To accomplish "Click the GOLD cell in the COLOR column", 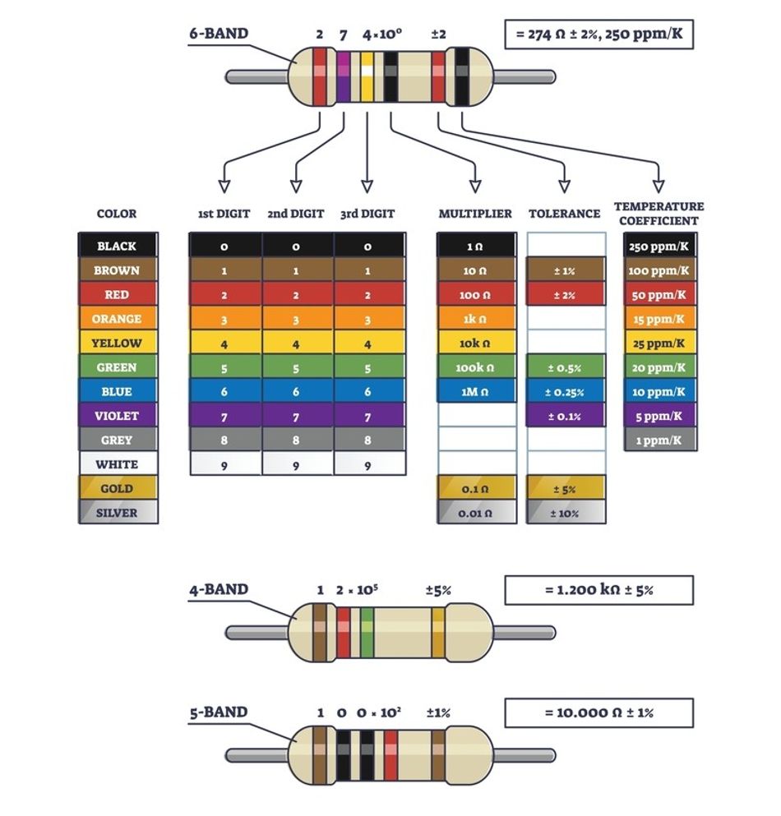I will pos(117,488).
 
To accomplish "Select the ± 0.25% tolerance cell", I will pos(565,392).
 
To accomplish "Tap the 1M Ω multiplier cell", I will pos(475,392).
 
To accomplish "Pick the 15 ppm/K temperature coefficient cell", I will pos(659,319).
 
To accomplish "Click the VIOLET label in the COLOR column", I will pos(117,416).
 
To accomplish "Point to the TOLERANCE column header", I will pos(564,214).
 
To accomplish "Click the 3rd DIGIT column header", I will pos(367,214).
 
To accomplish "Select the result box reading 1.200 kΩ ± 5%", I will pos(598,590).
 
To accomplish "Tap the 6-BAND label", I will pos(218,34).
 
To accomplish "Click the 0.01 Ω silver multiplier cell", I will pos(475,513).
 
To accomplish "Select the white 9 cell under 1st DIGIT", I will pos(224,464).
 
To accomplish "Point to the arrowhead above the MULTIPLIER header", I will pos(475,185).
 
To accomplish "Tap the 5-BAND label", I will pos(218,712).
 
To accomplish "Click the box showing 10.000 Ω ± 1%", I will pos(598,712).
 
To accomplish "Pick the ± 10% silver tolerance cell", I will pos(565,513).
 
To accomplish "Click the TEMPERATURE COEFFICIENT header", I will pos(659,214).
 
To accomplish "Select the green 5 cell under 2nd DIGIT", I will pos(296,368).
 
